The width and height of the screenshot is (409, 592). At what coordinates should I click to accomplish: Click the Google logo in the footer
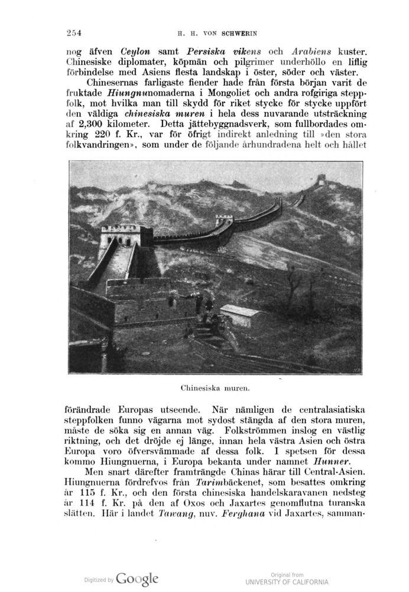137,578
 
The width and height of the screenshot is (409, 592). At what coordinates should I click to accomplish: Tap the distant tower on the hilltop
323,178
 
